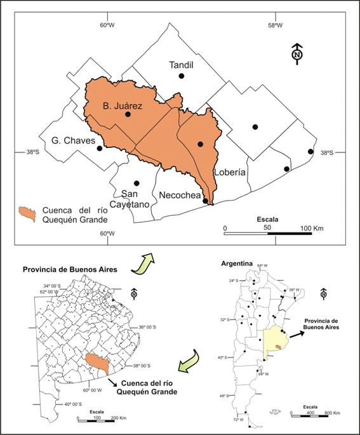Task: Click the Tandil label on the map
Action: (182, 65)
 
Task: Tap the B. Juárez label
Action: (123, 105)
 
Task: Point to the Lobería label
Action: (230, 172)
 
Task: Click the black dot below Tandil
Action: (182, 76)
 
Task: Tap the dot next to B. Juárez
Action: (128, 115)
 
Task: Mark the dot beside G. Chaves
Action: (100, 149)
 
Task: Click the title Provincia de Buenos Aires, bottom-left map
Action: (70, 270)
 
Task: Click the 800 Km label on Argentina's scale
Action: (334, 413)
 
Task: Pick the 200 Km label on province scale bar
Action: (117, 418)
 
